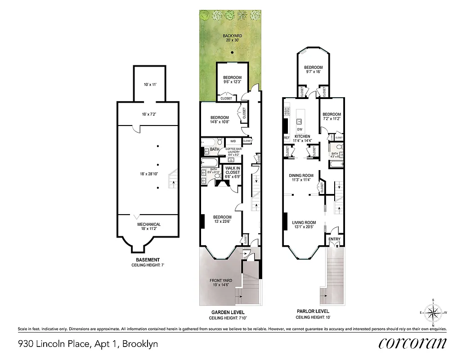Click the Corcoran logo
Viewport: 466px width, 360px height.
pyautogui.click(x=412, y=343)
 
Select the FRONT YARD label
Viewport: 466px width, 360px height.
pyautogui.click(x=221, y=283)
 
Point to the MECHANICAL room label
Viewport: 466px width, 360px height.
pyautogui.click(x=148, y=227)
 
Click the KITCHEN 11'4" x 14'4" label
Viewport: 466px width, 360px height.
pyautogui.click(x=302, y=138)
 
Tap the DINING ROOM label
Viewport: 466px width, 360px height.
pyautogui.click(x=302, y=178)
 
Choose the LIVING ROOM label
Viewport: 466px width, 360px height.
pyautogui.click(x=304, y=225)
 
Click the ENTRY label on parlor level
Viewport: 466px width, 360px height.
pyautogui.click(x=334, y=239)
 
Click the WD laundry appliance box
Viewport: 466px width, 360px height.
pyautogui.click(x=233, y=141)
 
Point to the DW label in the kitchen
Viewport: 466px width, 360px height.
pyautogui.click(x=300, y=130)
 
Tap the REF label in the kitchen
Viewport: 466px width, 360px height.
pyautogui.click(x=286, y=138)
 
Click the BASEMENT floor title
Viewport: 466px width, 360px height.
pyautogui.click(x=148, y=260)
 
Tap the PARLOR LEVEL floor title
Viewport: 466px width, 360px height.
pyautogui.click(x=313, y=311)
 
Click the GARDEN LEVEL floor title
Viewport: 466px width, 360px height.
pyautogui.click(x=228, y=312)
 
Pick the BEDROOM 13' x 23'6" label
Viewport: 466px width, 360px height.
pyautogui.click(x=222, y=219)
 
